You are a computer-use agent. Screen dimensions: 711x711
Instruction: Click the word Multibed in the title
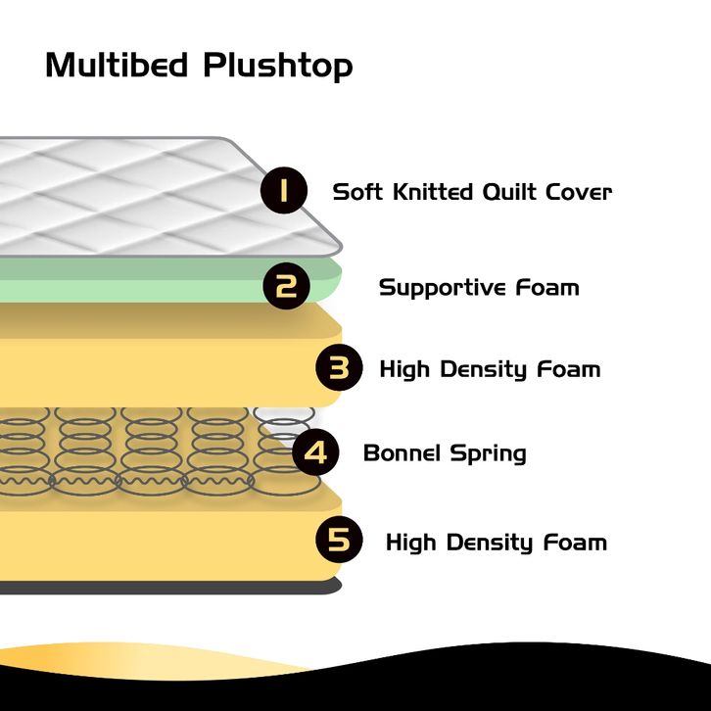tap(117, 65)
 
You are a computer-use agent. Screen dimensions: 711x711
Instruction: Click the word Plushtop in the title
tap(278, 68)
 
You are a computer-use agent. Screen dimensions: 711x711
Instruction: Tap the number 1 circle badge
tap(284, 190)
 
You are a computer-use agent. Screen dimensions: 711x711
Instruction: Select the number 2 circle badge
tap(287, 286)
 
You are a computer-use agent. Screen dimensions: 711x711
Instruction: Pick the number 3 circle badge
tap(339, 367)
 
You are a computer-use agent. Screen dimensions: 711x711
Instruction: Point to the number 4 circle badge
tap(315, 452)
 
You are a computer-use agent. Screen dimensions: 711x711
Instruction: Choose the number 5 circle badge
tap(339, 540)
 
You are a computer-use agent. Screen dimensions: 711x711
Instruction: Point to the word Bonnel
tap(402, 453)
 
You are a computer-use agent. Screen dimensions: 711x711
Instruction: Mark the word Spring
tap(489, 454)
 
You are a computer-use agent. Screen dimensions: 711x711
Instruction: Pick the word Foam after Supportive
tap(547, 288)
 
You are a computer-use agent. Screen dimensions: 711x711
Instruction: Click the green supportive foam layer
tap(136, 280)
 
